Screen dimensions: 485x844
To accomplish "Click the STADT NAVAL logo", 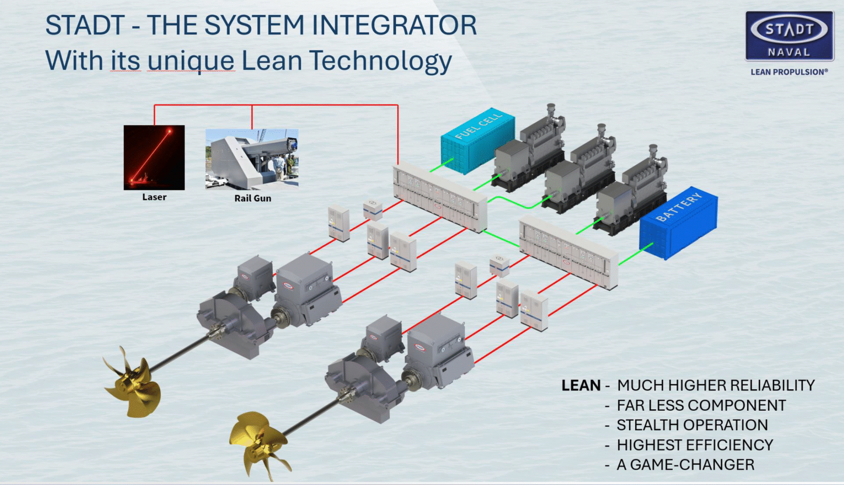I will click(x=789, y=36).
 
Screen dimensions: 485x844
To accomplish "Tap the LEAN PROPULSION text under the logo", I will click(x=789, y=72).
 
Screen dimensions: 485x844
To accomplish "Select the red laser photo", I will click(x=154, y=158).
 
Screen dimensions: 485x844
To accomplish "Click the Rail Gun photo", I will click(x=252, y=159).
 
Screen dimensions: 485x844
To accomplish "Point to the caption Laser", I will click(x=154, y=197).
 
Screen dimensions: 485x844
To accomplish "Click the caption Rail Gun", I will click(x=253, y=198).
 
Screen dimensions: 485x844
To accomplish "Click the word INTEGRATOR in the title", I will click(x=394, y=26).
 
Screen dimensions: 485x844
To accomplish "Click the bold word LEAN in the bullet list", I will click(x=581, y=386).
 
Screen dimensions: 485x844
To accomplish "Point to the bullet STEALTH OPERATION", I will click(x=692, y=425).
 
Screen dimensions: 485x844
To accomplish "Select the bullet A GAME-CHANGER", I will click(x=685, y=465).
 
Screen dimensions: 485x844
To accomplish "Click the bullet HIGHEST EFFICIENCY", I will click(x=695, y=445).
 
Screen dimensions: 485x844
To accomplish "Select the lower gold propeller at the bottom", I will click(x=258, y=443).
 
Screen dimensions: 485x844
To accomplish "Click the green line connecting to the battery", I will click(x=635, y=254).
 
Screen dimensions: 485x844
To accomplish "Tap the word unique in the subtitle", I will click(x=191, y=61).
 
